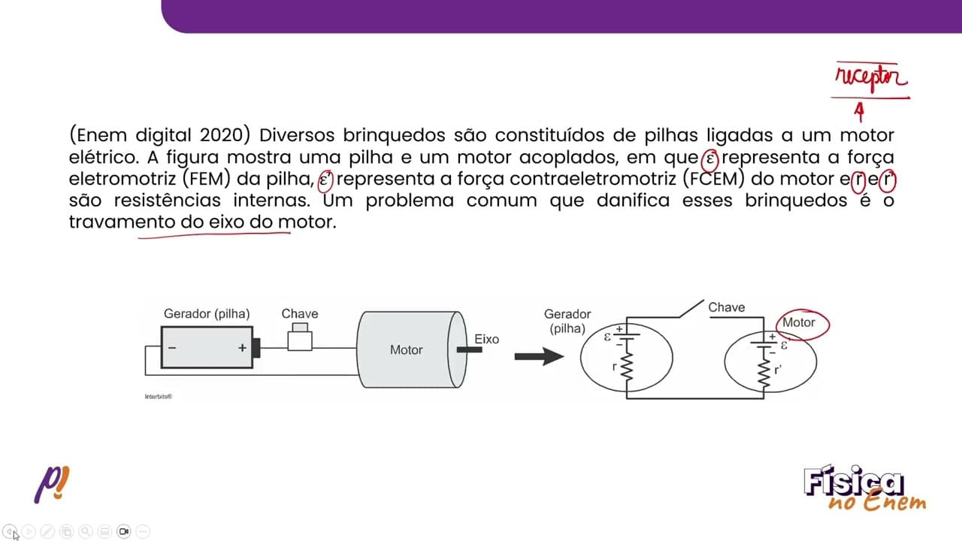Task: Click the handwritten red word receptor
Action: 871,78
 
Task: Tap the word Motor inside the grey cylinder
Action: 407,350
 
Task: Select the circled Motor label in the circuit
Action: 798,322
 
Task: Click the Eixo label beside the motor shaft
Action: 486,339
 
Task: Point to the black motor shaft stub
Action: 469,350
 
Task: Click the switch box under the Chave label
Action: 300,337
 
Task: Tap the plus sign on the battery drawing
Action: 242,348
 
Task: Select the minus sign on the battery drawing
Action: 172,347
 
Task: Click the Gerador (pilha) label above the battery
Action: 207,314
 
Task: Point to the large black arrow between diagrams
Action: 539,356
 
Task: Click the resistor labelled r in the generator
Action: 627,367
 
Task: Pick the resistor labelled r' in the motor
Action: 764,373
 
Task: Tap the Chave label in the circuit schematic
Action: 726,307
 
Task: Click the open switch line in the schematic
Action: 691,309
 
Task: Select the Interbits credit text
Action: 159,396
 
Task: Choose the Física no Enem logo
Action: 864,488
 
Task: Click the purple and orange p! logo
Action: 52,485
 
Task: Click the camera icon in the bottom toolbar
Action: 124,531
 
